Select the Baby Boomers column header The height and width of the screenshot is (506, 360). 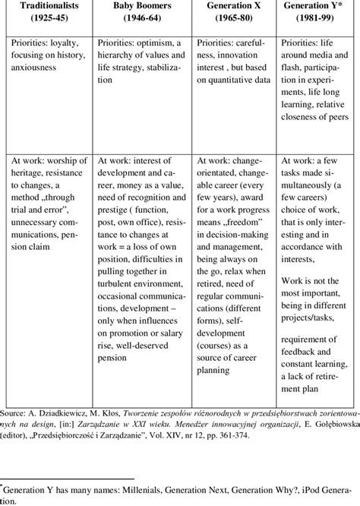(139, 6)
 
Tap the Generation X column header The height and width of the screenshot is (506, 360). (231, 6)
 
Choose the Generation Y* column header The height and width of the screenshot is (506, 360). (314, 6)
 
